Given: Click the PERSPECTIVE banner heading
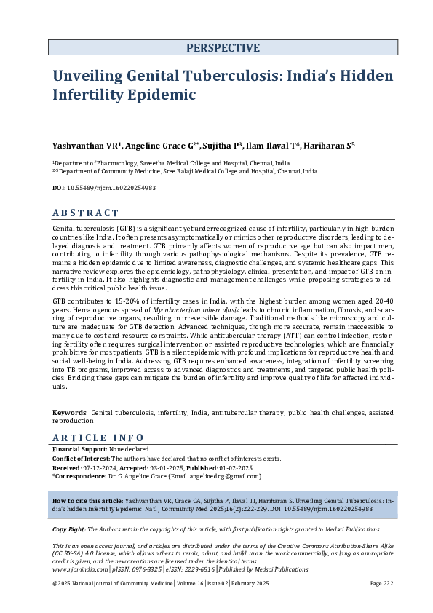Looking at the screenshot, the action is [x=223, y=48].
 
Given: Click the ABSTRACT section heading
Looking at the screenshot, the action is [x=86, y=213].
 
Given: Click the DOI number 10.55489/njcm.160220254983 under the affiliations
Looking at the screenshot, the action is [x=109, y=188].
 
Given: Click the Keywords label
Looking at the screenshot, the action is [x=69, y=412].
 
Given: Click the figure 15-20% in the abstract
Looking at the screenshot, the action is [x=119, y=300].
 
